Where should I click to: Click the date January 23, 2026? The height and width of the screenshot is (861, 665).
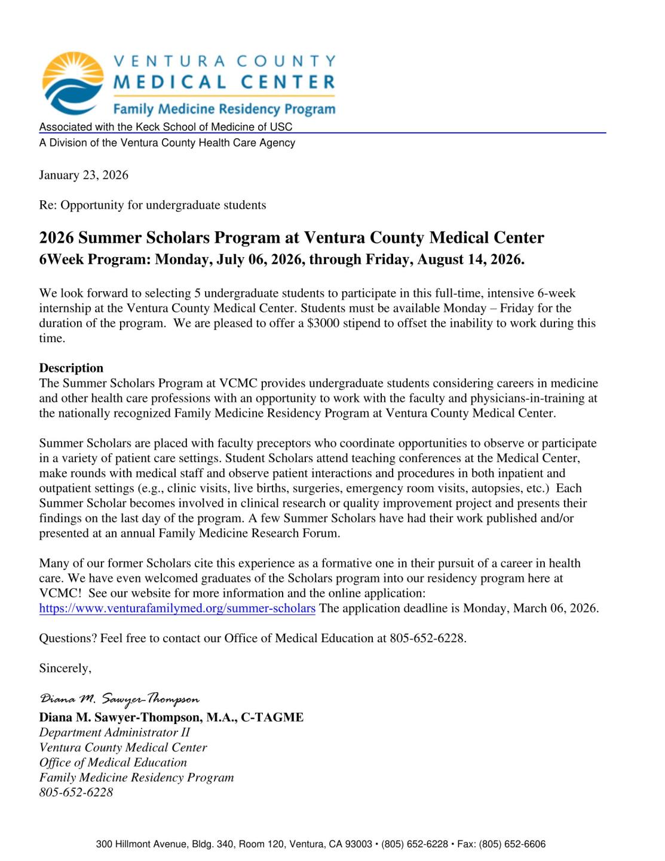click(84, 175)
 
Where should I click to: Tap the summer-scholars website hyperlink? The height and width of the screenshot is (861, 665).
click(177, 609)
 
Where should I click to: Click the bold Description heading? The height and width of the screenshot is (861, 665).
click(71, 368)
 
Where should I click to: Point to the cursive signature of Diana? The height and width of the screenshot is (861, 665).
click(119, 699)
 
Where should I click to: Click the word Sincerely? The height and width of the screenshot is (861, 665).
click(65, 668)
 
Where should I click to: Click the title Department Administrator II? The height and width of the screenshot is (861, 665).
click(114, 732)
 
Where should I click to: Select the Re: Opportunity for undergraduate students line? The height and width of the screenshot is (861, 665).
click(152, 205)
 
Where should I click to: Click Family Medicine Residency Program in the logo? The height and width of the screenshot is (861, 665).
click(224, 109)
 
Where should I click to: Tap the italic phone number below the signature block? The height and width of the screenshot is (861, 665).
click(76, 792)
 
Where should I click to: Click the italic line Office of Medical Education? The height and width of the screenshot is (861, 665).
click(113, 762)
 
